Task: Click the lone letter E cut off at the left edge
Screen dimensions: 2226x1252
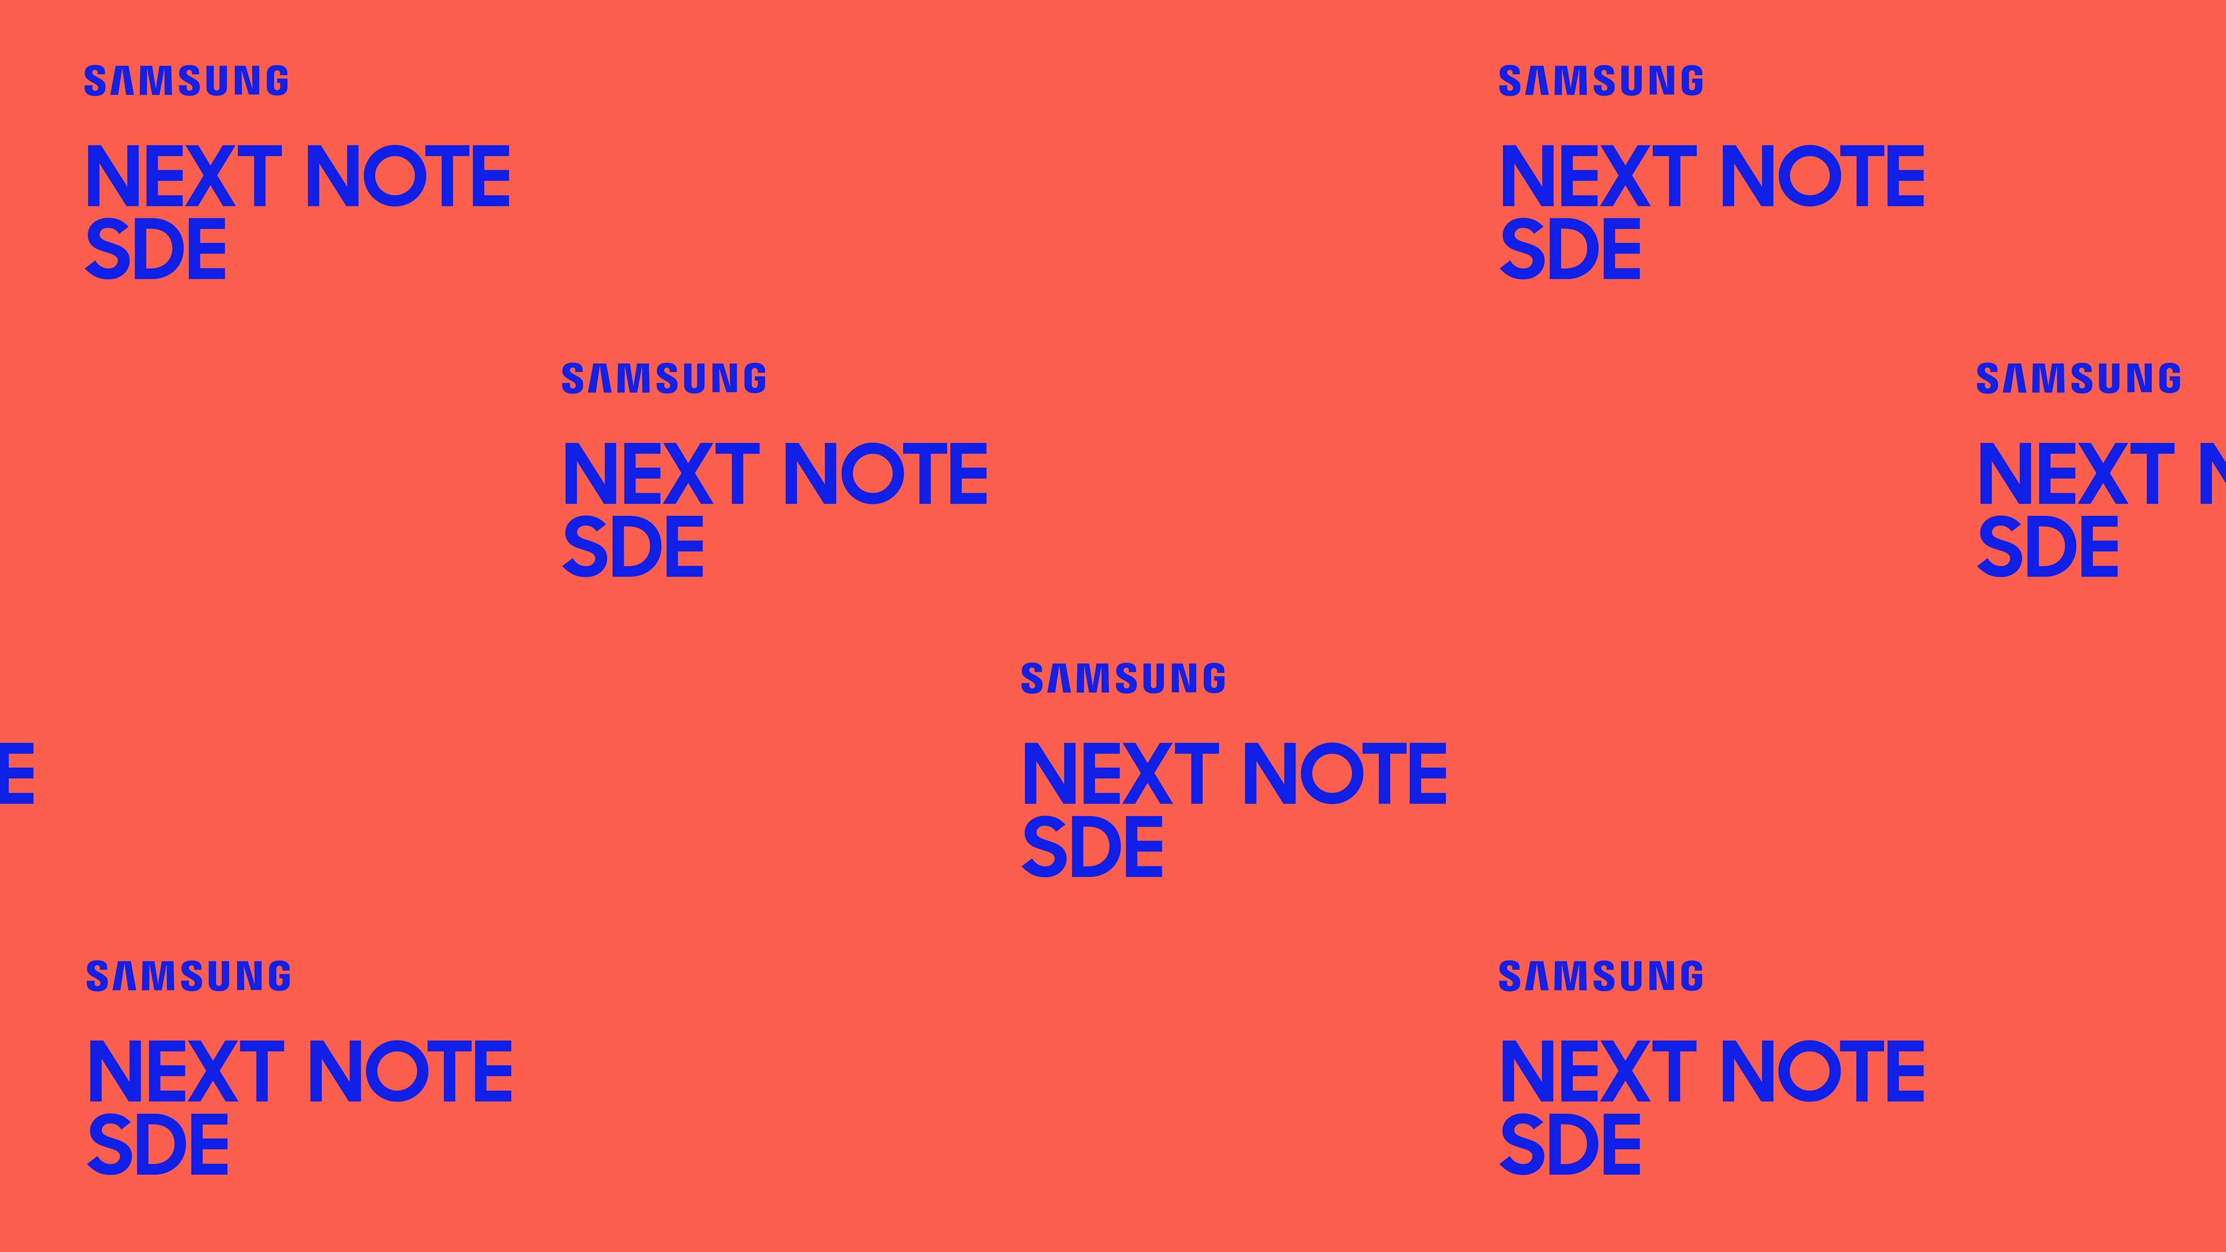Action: [x=16, y=773]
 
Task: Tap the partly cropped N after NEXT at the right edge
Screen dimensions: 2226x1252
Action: [x=2215, y=474]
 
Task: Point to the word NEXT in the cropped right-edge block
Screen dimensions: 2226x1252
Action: [x=2076, y=474]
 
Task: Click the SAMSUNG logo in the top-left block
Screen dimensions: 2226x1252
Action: [x=185, y=81]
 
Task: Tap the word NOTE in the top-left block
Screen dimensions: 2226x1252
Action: [x=408, y=176]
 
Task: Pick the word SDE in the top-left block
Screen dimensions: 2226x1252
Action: [x=155, y=249]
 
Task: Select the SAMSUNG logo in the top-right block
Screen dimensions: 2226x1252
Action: [x=1601, y=81]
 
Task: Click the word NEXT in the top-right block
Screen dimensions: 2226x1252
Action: [x=1599, y=176]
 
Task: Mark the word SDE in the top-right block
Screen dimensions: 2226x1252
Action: [x=1570, y=249]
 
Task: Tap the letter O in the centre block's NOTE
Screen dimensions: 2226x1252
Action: [x=1332, y=773]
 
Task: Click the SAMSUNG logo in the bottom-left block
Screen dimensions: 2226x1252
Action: [x=188, y=976]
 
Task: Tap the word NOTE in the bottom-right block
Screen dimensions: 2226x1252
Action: [x=1823, y=1071]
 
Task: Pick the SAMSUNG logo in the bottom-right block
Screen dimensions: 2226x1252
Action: [x=1601, y=976]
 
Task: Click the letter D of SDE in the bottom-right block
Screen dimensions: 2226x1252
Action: [x=1572, y=1145]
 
